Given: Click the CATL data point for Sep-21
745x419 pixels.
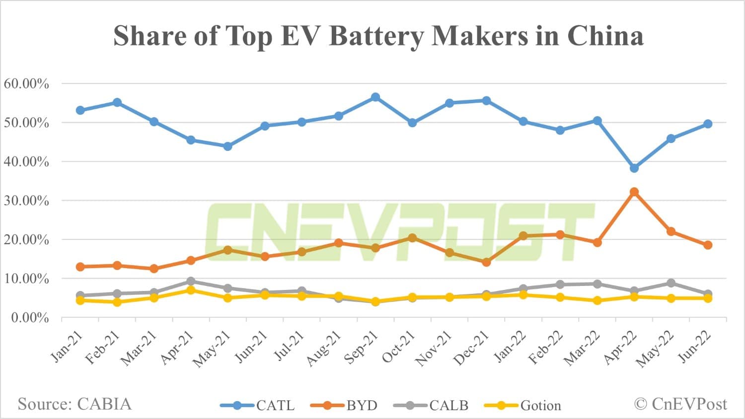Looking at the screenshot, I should click(x=375, y=97).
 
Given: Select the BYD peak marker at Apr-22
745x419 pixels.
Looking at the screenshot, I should click(x=634, y=192).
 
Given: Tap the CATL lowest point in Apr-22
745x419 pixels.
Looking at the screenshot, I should click(x=634, y=168).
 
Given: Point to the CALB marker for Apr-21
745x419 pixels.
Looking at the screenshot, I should click(x=191, y=281).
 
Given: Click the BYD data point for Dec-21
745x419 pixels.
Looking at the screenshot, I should click(x=486, y=262).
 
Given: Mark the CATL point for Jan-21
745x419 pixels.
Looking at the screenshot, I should click(x=80, y=110).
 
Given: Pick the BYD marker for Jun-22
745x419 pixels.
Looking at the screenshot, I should click(x=708, y=245).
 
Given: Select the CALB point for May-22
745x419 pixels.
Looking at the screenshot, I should click(x=671, y=283).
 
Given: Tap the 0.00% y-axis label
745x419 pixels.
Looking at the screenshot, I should click(x=30, y=317).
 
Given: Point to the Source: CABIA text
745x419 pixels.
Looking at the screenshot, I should click(x=74, y=404).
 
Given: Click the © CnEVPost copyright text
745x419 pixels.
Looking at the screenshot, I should click(x=680, y=404).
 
